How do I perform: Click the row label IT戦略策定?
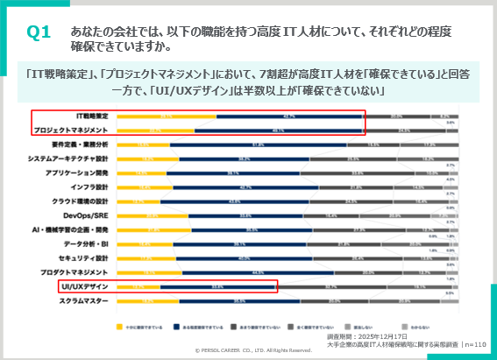pos(92,116)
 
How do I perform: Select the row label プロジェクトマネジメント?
pos(75,130)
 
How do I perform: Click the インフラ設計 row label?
pos(90,187)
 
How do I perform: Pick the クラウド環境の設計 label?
pos(81,201)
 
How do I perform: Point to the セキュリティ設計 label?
pos(84,258)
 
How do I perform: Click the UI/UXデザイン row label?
pos(85,286)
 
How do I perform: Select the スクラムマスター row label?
pos(84,300)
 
